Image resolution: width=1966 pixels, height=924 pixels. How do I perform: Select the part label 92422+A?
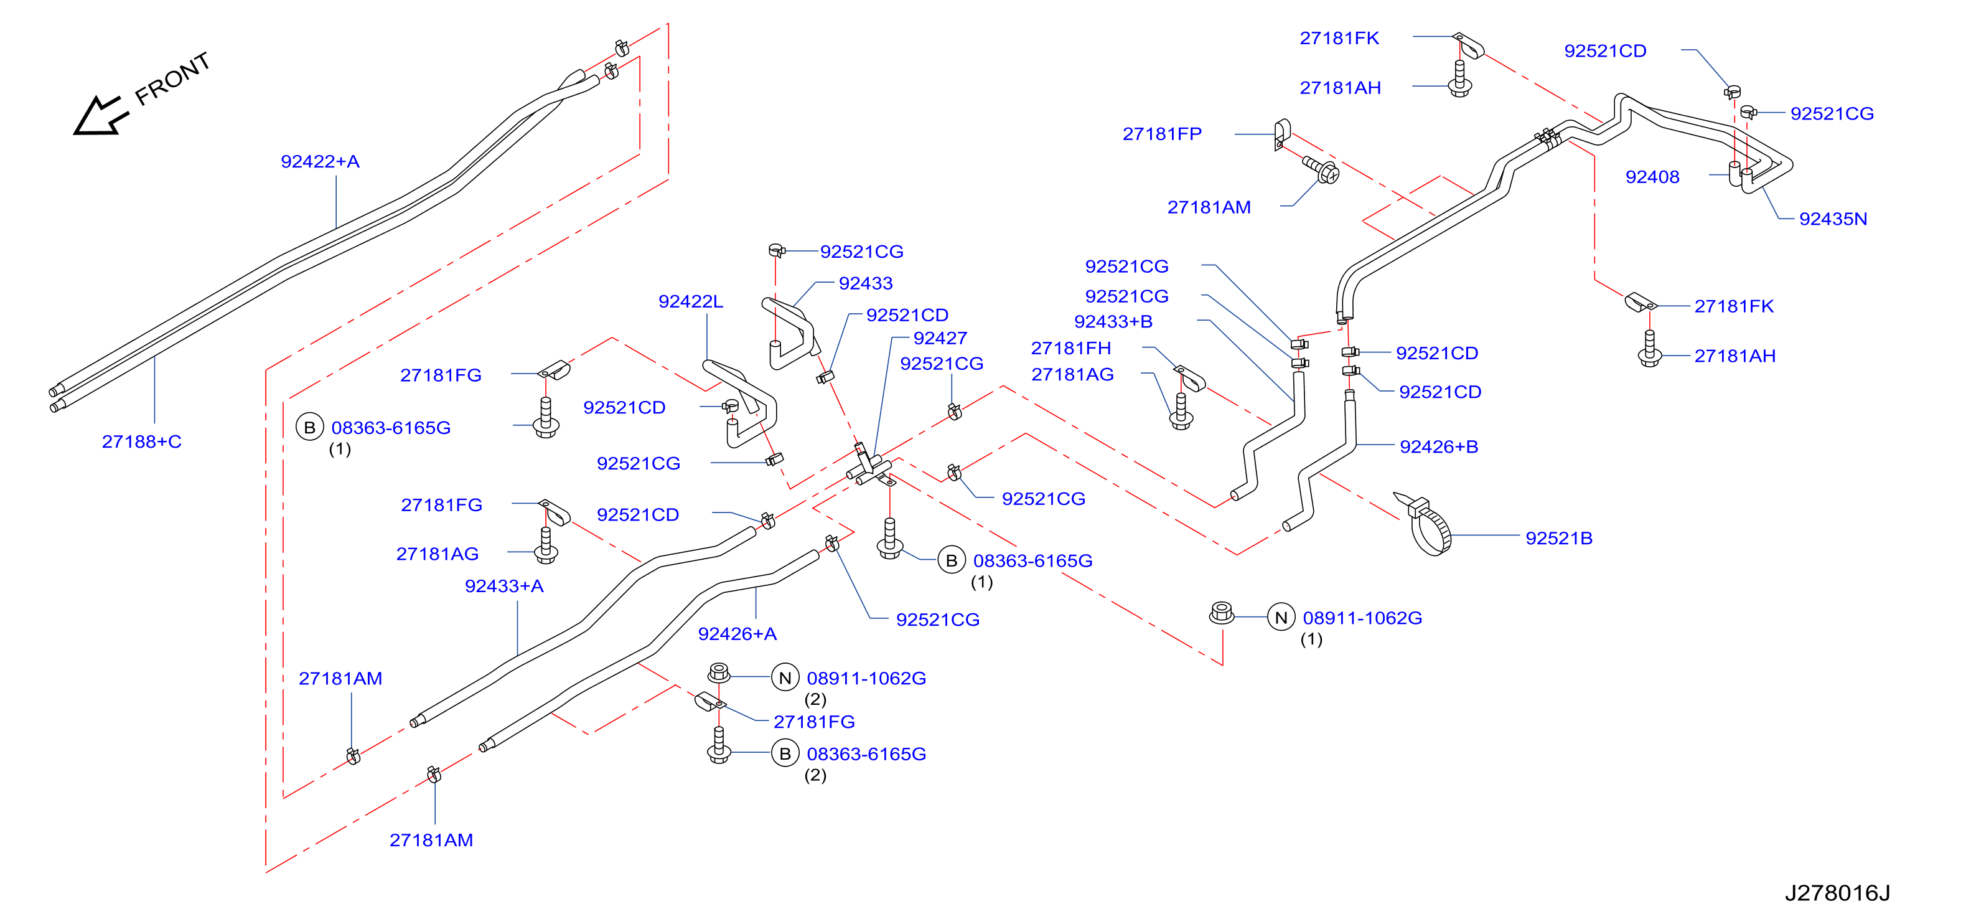[x=320, y=162]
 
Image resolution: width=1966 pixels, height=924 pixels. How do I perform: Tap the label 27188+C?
[x=142, y=441]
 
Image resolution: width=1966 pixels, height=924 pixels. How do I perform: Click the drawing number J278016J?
[x=1837, y=893]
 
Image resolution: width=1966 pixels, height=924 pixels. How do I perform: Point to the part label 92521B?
[x=1558, y=539]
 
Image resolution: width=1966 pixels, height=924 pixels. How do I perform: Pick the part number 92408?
[x=1652, y=177]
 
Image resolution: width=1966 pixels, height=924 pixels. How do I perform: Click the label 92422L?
[x=691, y=301]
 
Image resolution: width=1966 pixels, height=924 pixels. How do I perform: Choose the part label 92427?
[x=940, y=338]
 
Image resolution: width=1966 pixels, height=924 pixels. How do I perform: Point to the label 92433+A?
[x=505, y=587]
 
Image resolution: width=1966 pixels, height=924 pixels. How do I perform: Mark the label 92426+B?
[x=1439, y=446]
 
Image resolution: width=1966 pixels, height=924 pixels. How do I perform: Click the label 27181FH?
[x=1071, y=348]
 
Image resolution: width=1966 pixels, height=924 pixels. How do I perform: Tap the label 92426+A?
[x=737, y=634]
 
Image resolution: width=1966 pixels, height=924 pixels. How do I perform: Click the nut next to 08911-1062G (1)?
[x=1222, y=613]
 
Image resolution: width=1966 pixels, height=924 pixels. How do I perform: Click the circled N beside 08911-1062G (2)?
[x=785, y=677]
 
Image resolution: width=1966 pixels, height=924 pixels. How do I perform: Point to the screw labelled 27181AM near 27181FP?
[x=1321, y=169]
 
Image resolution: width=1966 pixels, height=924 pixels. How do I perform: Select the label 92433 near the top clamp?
[x=866, y=283]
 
